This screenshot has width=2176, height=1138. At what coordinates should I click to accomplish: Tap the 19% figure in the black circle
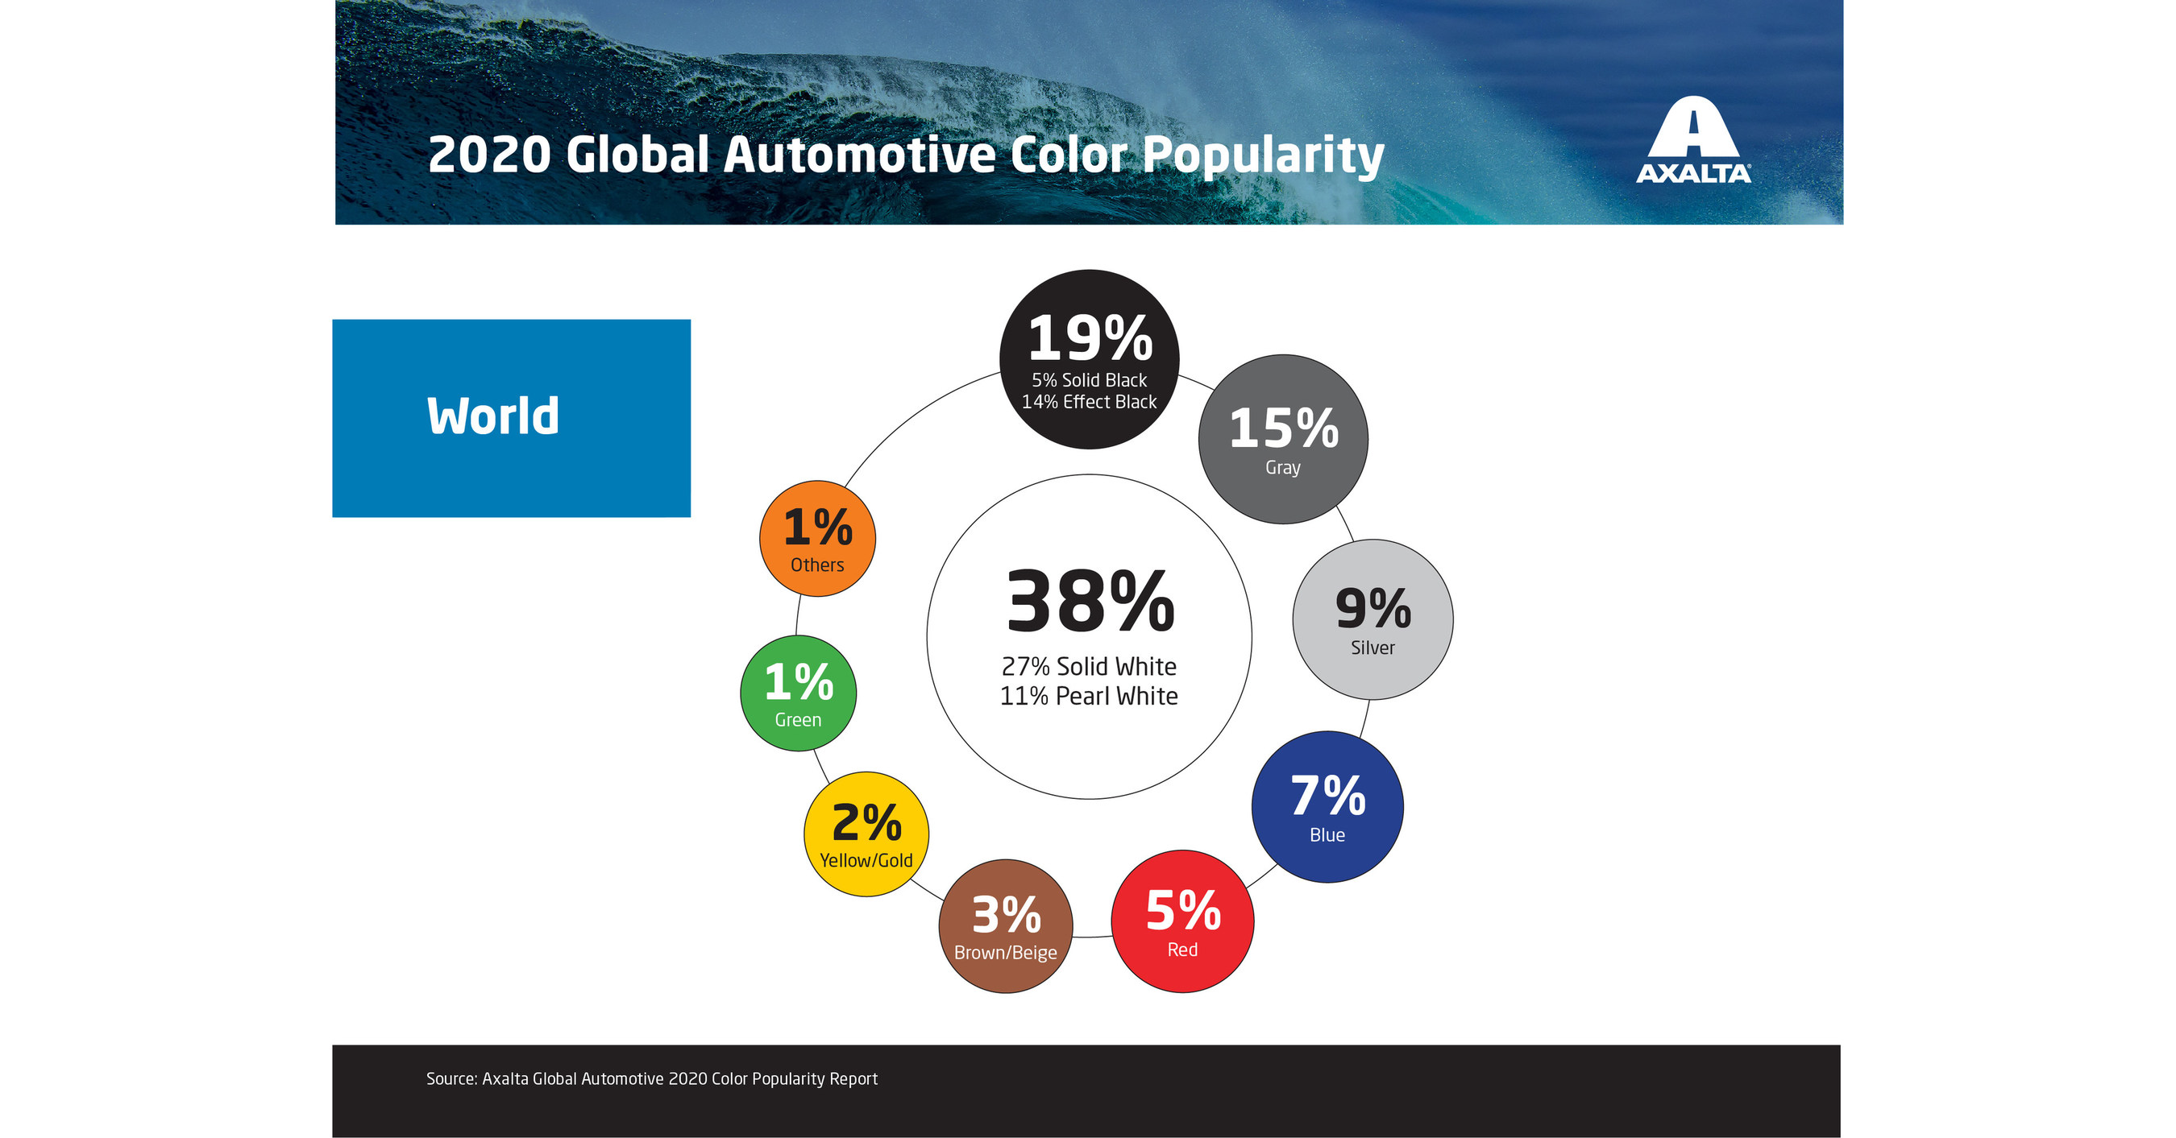click(x=1090, y=338)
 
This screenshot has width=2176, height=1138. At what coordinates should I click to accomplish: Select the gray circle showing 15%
click(x=1283, y=439)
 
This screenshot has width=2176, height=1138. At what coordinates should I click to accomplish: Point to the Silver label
click(x=1372, y=648)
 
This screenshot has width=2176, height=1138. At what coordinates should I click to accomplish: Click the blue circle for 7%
click(x=1327, y=807)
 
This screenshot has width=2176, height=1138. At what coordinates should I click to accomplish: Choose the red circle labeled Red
click(x=1182, y=921)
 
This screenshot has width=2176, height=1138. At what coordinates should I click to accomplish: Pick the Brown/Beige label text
click(x=1005, y=952)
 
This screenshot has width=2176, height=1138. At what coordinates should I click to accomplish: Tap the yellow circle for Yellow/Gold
click(x=866, y=834)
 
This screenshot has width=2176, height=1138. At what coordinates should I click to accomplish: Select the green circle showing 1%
click(x=798, y=693)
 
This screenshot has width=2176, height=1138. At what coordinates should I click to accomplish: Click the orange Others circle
click(x=817, y=539)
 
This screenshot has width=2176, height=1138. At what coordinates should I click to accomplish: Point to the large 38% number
click(x=1090, y=602)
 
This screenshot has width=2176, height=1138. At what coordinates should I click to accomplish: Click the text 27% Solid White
click(x=1089, y=667)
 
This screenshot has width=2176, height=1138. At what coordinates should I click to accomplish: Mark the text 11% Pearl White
click(x=1089, y=697)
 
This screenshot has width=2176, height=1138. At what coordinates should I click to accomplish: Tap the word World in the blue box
click(x=492, y=416)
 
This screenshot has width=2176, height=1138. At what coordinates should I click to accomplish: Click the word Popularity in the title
click(x=1263, y=155)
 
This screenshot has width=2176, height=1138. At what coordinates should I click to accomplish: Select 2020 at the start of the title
click(x=489, y=155)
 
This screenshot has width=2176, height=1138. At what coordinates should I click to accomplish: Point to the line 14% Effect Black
click(x=1089, y=402)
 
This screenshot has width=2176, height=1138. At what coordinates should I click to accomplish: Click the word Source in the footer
click(x=451, y=1079)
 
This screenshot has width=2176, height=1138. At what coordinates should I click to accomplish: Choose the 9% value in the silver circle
click(x=1372, y=608)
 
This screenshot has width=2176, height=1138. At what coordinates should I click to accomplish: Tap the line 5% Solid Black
click(x=1089, y=380)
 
